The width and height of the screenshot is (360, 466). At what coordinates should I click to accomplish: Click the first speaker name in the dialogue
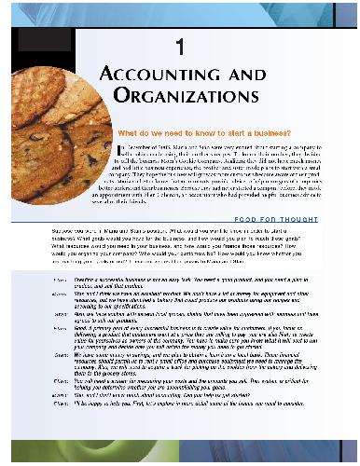click(x=60, y=279)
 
